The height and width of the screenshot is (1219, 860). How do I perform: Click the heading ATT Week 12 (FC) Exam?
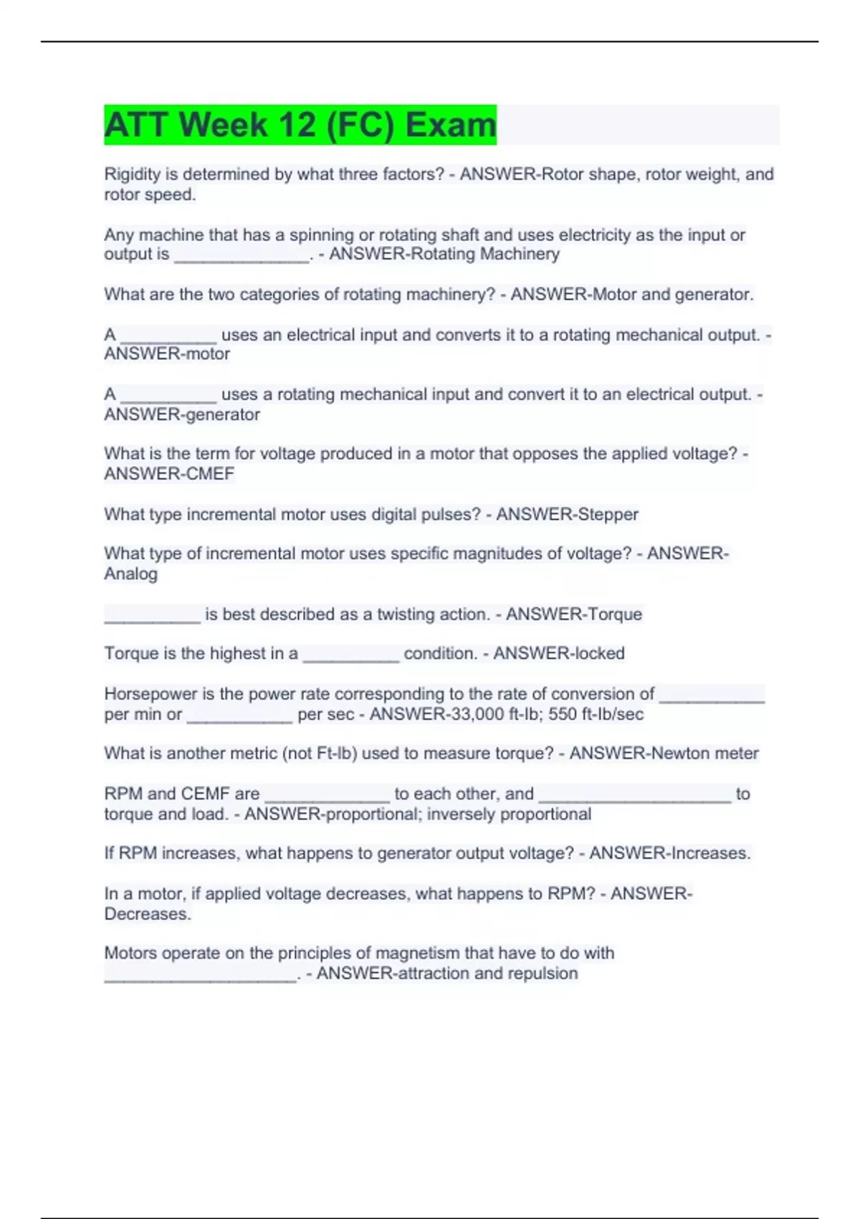pyautogui.click(x=300, y=125)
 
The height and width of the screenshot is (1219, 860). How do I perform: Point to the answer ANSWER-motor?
pyautogui.click(x=167, y=354)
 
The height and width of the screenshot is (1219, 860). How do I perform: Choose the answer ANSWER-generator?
pyautogui.click(x=182, y=414)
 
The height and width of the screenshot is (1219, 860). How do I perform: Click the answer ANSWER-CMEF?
pyautogui.click(x=169, y=473)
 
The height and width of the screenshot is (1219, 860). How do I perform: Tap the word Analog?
pyautogui.click(x=130, y=574)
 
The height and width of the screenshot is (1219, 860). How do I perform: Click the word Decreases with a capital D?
pyautogui.click(x=148, y=914)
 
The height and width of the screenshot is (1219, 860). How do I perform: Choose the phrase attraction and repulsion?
pyautogui.click(x=486, y=973)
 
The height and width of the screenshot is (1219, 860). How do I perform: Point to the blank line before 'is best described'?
pyautogui.click(x=152, y=615)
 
